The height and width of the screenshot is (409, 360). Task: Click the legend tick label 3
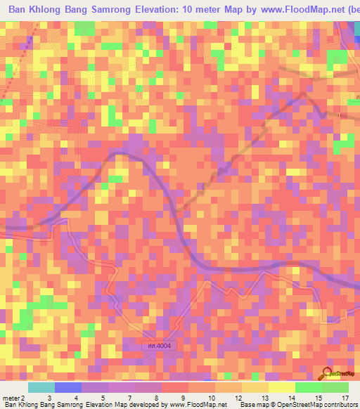[x=49, y=398]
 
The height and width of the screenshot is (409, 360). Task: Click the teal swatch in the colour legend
[x=41, y=387]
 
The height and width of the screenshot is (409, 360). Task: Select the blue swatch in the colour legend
[x=68, y=387]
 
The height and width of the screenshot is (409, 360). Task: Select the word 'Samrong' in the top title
[x=106, y=11]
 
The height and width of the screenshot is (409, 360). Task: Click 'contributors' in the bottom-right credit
[x=339, y=405]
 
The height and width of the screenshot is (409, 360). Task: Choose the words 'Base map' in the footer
[x=251, y=405]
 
